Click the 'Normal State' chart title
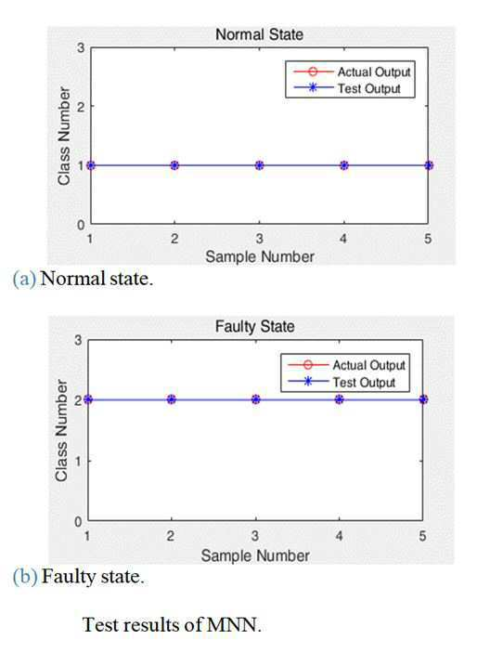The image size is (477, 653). [x=259, y=34]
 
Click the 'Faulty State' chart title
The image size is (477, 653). [x=254, y=326]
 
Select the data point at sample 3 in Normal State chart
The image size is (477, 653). [x=259, y=165]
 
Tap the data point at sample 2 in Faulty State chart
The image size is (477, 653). [x=172, y=399]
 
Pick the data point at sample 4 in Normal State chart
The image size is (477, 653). [x=343, y=165]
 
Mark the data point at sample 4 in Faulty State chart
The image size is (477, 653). [x=340, y=399]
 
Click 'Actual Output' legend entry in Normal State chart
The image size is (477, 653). [x=352, y=72]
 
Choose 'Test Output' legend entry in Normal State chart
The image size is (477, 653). [x=347, y=88]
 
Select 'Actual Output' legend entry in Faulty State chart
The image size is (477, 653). [x=347, y=365]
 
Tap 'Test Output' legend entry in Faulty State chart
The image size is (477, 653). [x=342, y=382]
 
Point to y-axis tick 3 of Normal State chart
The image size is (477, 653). [x=81, y=48]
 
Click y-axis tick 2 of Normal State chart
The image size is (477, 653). [x=81, y=107]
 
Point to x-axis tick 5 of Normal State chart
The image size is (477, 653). [x=428, y=239]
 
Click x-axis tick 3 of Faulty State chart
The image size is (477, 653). [x=255, y=536]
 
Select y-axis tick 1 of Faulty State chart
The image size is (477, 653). [x=78, y=461]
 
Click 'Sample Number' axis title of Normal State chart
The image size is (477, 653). [x=260, y=256]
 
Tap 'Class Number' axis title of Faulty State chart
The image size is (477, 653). [x=61, y=430]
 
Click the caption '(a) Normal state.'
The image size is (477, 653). [x=84, y=279]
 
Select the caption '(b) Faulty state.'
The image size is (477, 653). [x=79, y=577]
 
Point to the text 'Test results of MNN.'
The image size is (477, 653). [x=172, y=625]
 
